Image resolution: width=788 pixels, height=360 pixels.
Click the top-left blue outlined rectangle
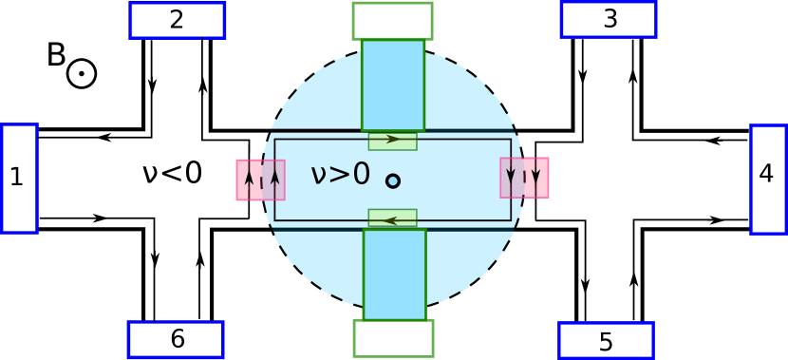click(x=177, y=20)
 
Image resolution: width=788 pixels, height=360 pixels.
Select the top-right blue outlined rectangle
click(x=609, y=19)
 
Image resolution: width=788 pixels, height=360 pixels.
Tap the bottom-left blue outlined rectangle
click(x=176, y=339)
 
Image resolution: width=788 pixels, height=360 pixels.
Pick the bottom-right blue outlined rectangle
click(x=606, y=340)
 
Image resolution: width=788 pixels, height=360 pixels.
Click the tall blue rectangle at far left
click(x=19, y=179)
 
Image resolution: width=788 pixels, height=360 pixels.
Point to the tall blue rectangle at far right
click(x=768, y=179)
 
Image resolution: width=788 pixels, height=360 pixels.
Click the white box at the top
click(x=392, y=21)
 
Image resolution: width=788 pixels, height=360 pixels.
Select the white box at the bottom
click(x=393, y=338)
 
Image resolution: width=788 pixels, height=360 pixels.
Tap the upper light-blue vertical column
click(x=392, y=85)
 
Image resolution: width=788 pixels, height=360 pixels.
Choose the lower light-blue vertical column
click(x=394, y=274)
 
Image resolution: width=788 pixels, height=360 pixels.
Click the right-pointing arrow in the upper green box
click(x=392, y=140)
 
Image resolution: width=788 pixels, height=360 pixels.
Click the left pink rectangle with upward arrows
click(x=260, y=180)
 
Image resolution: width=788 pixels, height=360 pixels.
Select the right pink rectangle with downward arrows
click(x=524, y=178)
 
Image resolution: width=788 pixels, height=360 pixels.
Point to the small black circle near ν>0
click(x=392, y=180)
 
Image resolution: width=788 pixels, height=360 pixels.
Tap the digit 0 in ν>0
click(x=359, y=174)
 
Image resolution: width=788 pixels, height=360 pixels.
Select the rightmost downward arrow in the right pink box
click(x=536, y=176)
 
